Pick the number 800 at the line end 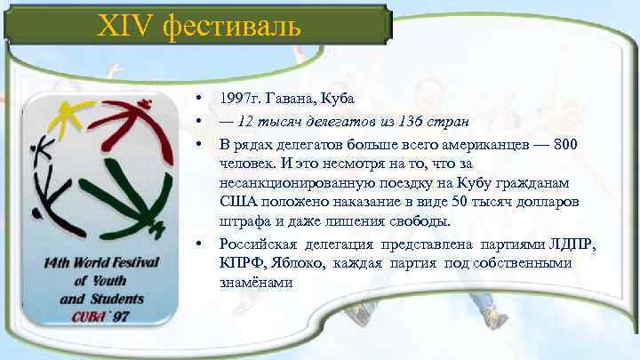coord(568,144)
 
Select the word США coord(236,203)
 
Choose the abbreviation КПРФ coord(242,264)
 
